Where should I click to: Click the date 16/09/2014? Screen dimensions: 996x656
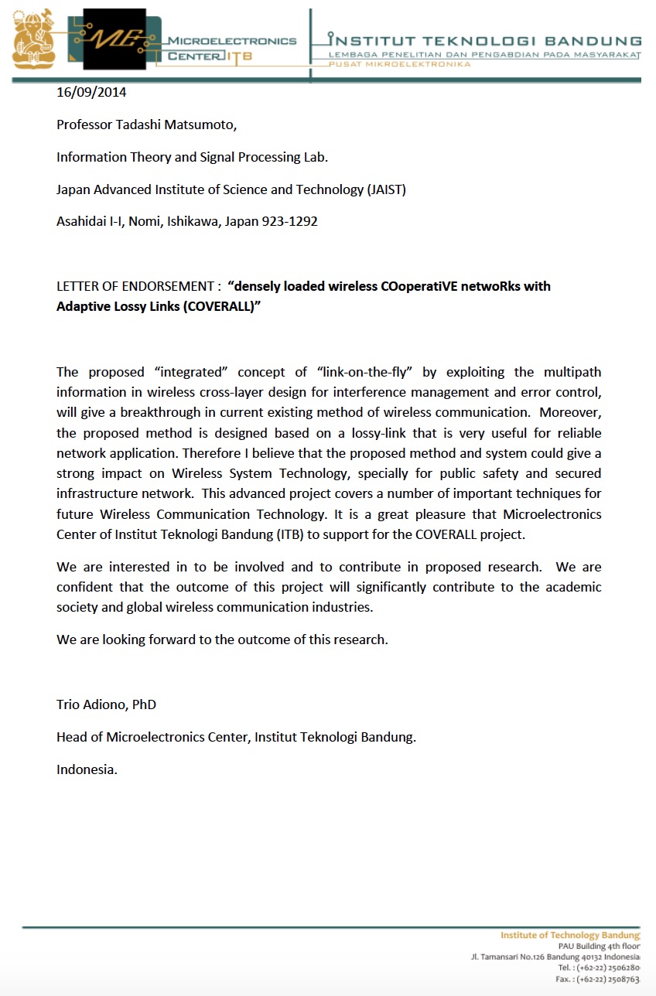pos(91,93)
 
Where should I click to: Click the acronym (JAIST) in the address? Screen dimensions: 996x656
pos(385,189)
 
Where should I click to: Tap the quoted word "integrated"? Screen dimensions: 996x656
pos(189,373)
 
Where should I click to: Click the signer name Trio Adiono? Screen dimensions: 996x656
pos(91,704)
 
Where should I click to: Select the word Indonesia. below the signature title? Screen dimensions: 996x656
pos(87,769)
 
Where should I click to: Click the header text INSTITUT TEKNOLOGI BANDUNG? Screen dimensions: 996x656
pos(485,40)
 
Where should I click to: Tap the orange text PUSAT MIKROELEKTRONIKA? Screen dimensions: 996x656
pos(400,64)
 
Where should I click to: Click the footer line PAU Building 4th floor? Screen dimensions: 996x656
pos(599,946)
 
